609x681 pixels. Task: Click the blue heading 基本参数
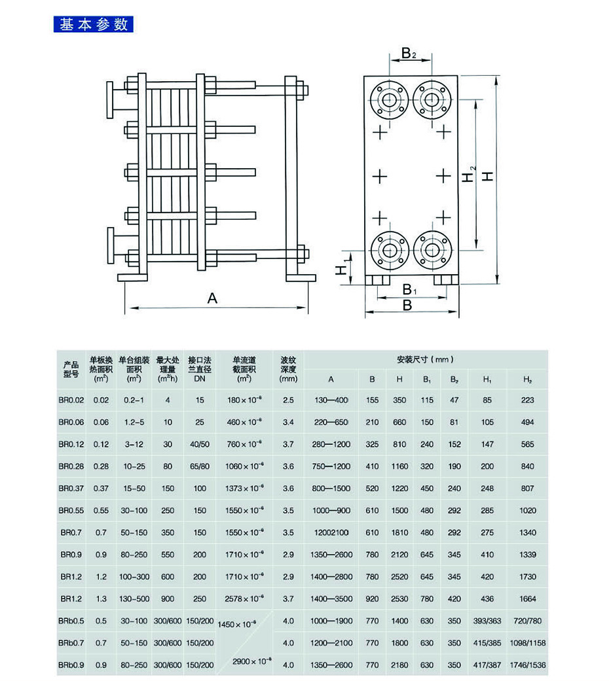click(93, 25)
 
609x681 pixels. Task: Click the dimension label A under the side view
click(212, 298)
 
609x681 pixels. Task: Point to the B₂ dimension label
click(409, 53)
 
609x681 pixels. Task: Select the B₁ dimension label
click(409, 289)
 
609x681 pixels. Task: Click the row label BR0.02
click(71, 400)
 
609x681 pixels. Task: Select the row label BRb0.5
click(71, 621)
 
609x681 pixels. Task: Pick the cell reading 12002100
click(331, 533)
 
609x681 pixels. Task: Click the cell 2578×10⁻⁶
click(244, 599)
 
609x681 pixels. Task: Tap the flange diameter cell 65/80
click(200, 466)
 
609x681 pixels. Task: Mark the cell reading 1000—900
click(331, 510)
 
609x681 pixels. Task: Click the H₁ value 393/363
click(487, 621)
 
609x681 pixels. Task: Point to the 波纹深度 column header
click(288, 369)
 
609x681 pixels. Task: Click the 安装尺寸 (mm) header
click(425, 359)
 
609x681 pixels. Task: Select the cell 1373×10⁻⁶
click(244, 489)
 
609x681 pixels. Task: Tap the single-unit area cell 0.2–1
click(134, 400)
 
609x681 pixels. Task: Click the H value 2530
click(399, 599)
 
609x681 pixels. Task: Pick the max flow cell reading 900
click(168, 599)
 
